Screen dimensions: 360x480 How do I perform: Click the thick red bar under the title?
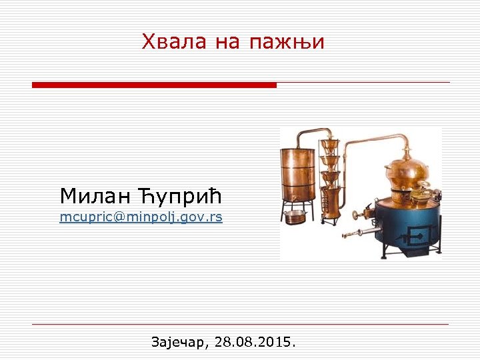point(154,85)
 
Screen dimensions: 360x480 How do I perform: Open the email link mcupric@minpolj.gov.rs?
point(141,217)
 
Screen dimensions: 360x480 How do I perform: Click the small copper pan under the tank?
point(295,216)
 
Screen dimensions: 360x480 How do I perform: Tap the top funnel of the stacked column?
point(329,145)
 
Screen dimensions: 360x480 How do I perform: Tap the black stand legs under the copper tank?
point(297,200)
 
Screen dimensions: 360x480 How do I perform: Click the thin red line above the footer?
point(240,325)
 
